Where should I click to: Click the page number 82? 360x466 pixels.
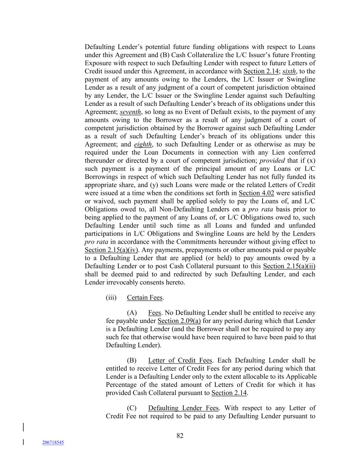click(x=180, y=436)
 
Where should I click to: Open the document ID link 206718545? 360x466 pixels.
click(x=53, y=442)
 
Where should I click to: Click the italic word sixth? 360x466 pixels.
click(x=289, y=71)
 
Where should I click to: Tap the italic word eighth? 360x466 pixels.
click(x=143, y=144)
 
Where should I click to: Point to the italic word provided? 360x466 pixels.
click(x=272, y=160)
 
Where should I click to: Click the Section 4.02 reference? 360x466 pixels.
click(x=256, y=193)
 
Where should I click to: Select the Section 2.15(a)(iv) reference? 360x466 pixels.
click(x=111, y=250)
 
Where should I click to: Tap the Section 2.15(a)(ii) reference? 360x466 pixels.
click(x=289, y=266)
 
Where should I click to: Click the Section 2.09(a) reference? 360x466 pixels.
click(x=179, y=321)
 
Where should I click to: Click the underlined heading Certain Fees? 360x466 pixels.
click(x=145, y=298)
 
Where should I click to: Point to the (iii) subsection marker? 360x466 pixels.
click(x=111, y=298)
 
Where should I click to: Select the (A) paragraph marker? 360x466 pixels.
click(x=132, y=313)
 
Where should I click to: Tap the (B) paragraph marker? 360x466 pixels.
click(x=132, y=361)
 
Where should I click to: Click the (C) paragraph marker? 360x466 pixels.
click(x=132, y=408)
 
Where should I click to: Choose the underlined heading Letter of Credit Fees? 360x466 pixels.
click(x=180, y=361)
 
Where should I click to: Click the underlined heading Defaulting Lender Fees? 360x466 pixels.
click(x=183, y=408)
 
